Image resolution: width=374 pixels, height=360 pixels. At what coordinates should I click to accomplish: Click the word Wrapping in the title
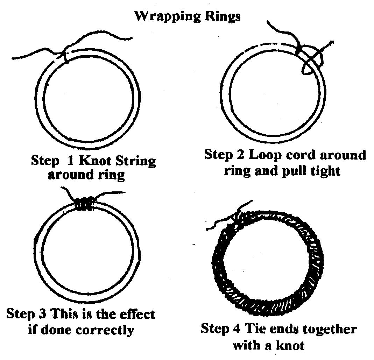click(x=163, y=16)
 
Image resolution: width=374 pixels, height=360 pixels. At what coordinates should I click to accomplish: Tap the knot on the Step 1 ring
click(x=65, y=55)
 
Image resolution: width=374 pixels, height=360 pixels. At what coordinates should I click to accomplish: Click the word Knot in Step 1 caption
click(x=95, y=161)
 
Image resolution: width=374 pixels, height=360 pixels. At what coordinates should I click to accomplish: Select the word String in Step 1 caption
click(x=134, y=162)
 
